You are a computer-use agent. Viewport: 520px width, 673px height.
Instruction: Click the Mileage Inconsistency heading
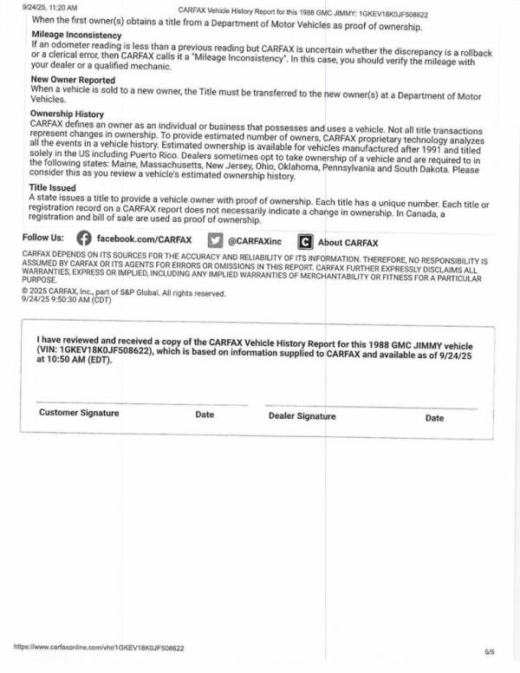pos(76,35)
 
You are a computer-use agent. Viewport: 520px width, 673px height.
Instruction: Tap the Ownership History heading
pos(67,114)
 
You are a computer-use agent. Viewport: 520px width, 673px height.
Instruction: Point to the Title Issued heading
pos(53,187)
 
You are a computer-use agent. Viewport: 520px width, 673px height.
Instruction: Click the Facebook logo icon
pos(83,238)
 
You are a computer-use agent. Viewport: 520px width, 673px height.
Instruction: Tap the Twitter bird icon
pos(216,239)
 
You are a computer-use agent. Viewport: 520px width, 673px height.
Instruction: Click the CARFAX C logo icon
pos(305,242)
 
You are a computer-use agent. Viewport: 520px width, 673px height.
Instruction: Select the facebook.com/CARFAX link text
pos(144,239)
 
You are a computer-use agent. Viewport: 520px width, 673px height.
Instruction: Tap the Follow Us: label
pos(42,238)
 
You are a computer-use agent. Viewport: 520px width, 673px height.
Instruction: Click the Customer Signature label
pos(79,413)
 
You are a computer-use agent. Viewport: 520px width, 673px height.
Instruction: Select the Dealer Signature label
pos(302,416)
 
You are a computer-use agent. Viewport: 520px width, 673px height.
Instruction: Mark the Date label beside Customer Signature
pos(205,415)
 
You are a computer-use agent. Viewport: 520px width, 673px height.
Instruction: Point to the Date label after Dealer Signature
pos(434,418)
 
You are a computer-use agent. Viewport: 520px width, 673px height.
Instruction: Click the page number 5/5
pos(491,650)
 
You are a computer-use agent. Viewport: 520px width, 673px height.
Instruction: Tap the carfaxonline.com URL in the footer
pos(99,647)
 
